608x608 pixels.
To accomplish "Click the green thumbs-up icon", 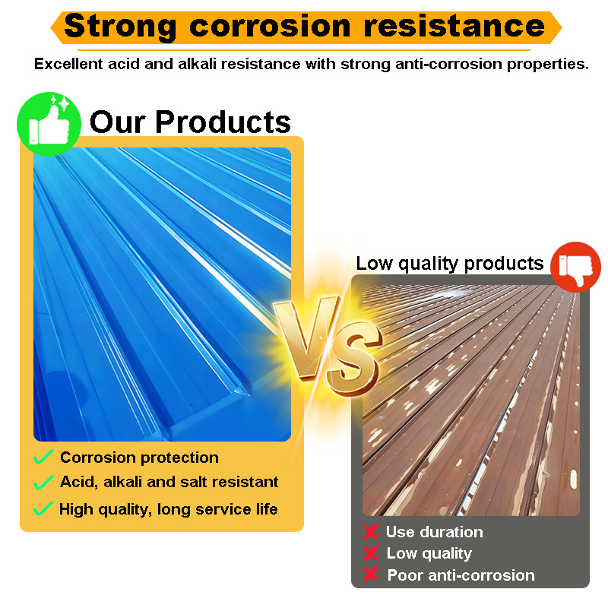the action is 49,124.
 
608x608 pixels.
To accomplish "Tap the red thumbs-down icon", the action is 575,267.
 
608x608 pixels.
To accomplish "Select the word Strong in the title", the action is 121,27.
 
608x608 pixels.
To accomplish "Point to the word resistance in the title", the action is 454,26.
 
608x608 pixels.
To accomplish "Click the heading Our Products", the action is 190,122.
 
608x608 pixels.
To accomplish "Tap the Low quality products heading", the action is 450,264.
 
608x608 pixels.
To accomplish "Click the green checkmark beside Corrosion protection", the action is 43,457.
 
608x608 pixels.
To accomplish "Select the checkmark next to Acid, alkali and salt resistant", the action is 43,482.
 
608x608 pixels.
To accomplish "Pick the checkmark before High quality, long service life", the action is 43,508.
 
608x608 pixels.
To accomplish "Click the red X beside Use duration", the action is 371,531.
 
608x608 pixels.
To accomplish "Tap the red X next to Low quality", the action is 371,553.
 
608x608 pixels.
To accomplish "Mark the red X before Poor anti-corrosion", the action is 371,574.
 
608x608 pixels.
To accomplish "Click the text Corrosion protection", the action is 140,458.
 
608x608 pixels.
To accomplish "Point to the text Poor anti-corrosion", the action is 461,575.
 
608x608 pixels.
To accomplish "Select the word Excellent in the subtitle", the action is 68,64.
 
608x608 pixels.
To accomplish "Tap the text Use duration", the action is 435,532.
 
